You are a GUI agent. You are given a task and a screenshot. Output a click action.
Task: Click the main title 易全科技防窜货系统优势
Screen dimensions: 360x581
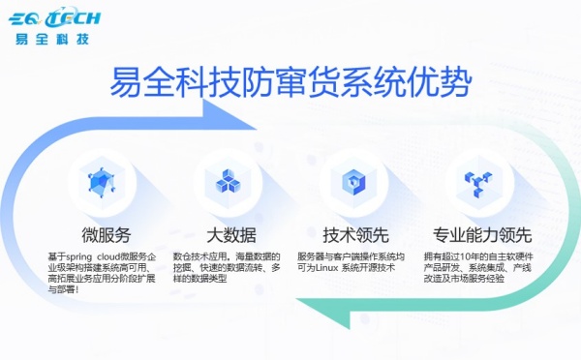point(291,77)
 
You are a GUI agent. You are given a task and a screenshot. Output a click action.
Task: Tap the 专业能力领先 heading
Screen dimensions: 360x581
point(481,235)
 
